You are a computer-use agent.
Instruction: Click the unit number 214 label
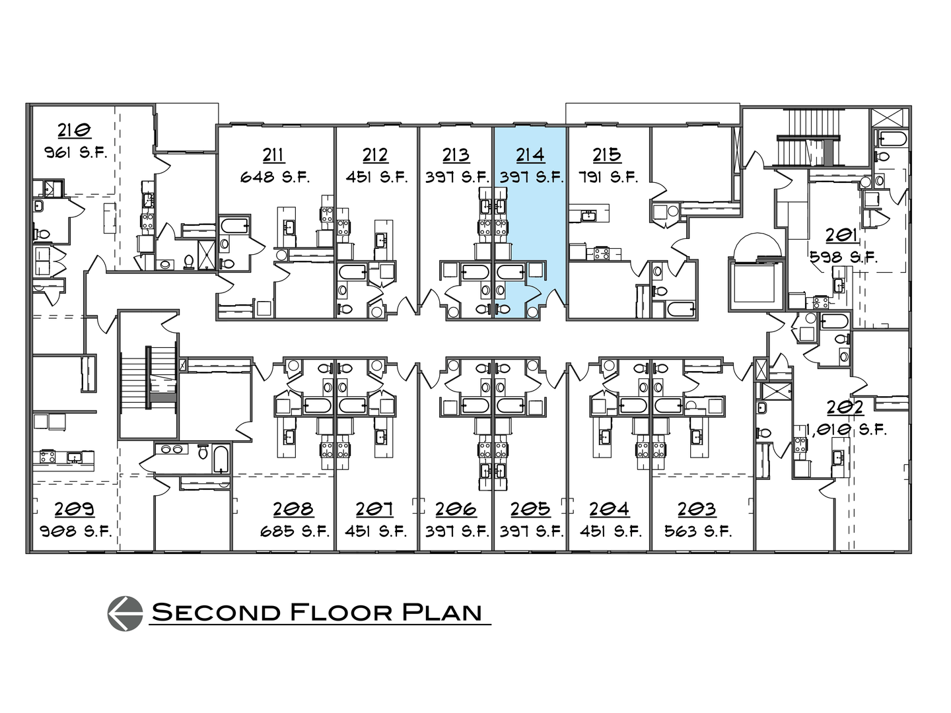(530, 154)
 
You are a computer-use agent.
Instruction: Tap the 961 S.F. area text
(75, 153)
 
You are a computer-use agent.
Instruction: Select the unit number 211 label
(274, 154)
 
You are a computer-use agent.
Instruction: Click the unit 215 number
(606, 154)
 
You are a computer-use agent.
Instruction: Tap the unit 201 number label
(841, 234)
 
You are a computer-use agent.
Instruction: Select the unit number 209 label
(74, 509)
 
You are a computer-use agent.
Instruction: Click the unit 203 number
(697, 509)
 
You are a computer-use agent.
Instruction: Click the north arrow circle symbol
(125, 612)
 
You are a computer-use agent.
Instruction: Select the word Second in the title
(215, 612)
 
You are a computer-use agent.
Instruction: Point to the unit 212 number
(374, 154)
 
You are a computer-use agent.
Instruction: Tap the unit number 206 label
(456, 509)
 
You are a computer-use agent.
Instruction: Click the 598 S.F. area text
(843, 257)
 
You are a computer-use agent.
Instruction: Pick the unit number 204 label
(609, 509)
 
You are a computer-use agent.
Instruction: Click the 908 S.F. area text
(75, 531)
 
